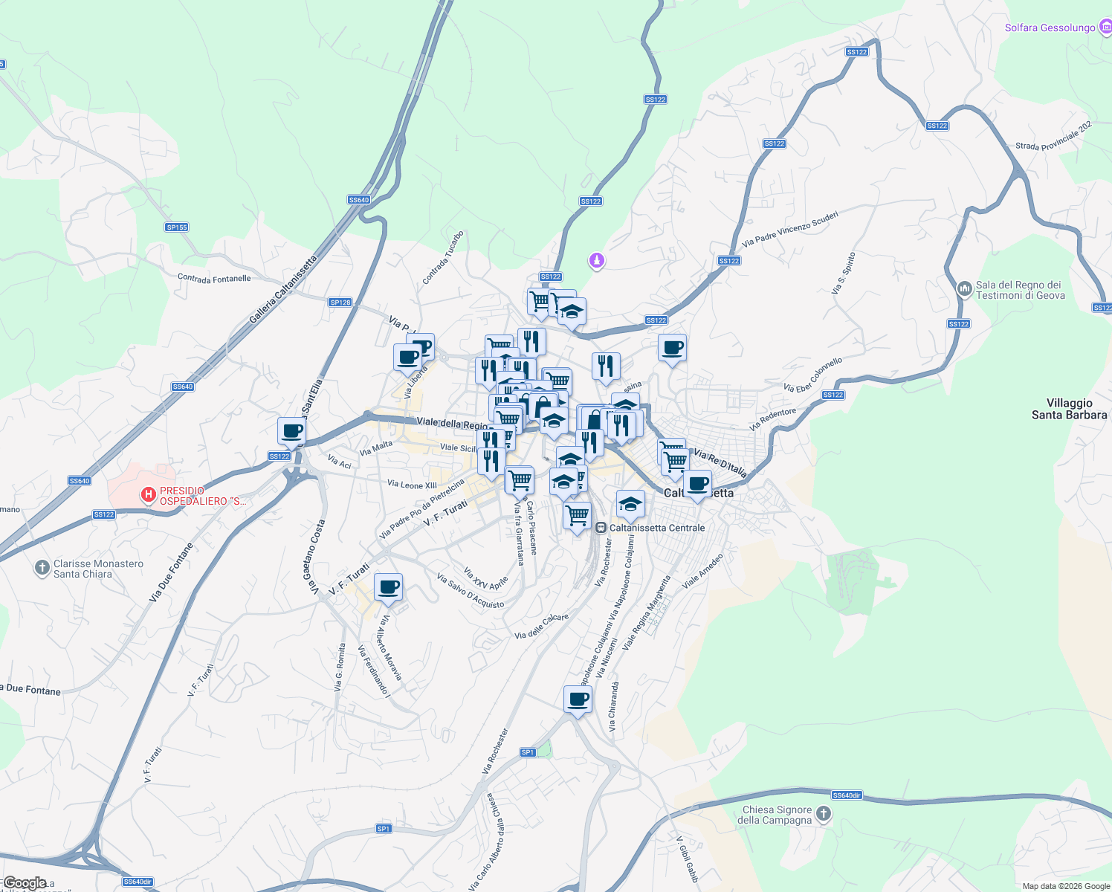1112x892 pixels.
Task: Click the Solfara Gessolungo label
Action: (x=1050, y=28)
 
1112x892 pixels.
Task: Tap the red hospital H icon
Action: (x=149, y=494)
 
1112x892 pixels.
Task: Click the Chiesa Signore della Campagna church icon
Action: (x=823, y=814)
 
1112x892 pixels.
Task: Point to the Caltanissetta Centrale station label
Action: (x=657, y=528)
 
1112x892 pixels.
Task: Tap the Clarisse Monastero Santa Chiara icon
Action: (x=42, y=569)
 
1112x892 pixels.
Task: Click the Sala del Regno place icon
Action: (x=964, y=288)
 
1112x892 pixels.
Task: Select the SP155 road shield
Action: (x=177, y=227)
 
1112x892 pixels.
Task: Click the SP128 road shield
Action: (x=340, y=303)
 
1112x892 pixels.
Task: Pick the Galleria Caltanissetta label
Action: (x=282, y=290)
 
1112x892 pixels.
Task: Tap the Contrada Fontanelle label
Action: (x=214, y=279)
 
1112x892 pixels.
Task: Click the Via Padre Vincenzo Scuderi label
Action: (x=790, y=229)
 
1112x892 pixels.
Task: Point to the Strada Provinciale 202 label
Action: (x=1053, y=136)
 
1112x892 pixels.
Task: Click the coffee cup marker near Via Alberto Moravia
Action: (x=388, y=587)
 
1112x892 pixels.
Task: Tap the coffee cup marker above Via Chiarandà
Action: (x=578, y=699)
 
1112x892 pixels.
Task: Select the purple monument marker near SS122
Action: (x=596, y=261)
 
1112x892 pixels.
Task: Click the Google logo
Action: (x=25, y=883)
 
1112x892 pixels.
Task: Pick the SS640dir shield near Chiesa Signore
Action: (x=847, y=795)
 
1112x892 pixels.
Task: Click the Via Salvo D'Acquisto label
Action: (x=471, y=592)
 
